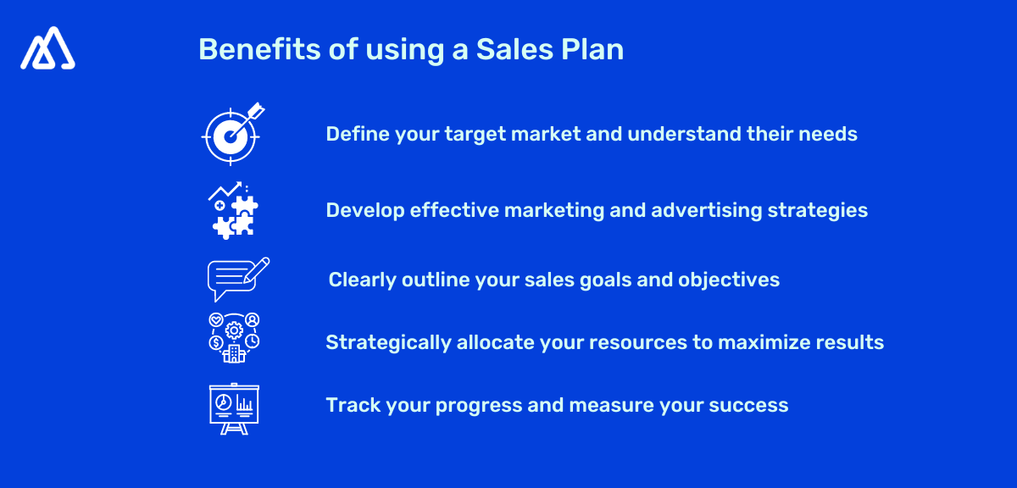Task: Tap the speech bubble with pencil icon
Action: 238,279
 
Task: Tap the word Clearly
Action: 360,280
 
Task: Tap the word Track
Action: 353,405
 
